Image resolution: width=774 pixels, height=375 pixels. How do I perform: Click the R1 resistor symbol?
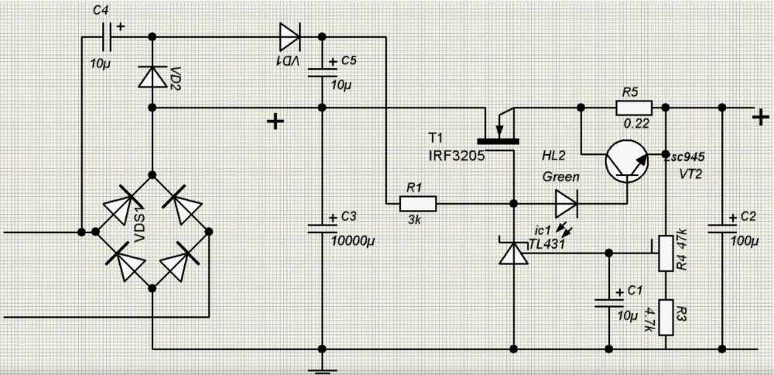(418, 203)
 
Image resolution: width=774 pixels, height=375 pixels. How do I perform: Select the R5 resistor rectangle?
(634, 107)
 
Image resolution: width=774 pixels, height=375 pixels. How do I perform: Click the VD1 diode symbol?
(289, 36)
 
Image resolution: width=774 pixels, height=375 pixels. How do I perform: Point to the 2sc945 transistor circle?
(627, 161)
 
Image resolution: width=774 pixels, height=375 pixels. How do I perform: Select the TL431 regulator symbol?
(513, 253)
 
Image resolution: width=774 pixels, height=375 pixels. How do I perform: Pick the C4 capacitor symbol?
(105, 36)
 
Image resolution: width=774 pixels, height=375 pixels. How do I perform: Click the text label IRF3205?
(457, 155)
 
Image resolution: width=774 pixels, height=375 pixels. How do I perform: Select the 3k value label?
(414, 220)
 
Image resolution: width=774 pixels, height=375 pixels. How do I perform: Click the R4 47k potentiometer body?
(666, 253)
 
